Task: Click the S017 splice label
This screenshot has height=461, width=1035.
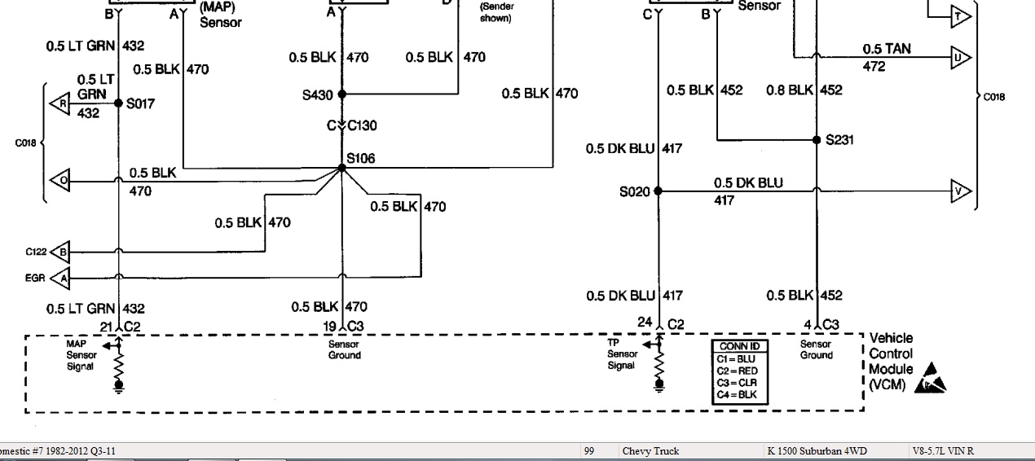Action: (x=141, y=103)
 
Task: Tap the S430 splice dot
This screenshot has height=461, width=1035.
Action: (x=342, y=94)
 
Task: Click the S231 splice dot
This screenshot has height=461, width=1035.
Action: (x=817, y=139)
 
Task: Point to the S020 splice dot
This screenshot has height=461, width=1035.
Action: (x=658, y=191)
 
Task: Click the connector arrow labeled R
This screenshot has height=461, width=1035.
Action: (x=59, y=104)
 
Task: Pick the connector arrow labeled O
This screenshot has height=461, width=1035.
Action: (x=59, y=181)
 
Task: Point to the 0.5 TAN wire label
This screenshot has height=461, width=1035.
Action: (x=887, y=49)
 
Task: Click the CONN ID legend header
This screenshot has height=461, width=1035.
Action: (x=739, y=347)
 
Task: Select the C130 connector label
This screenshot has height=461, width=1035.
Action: (x=362, y=125)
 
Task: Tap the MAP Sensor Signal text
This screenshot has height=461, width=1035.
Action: (x=81, y=355)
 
